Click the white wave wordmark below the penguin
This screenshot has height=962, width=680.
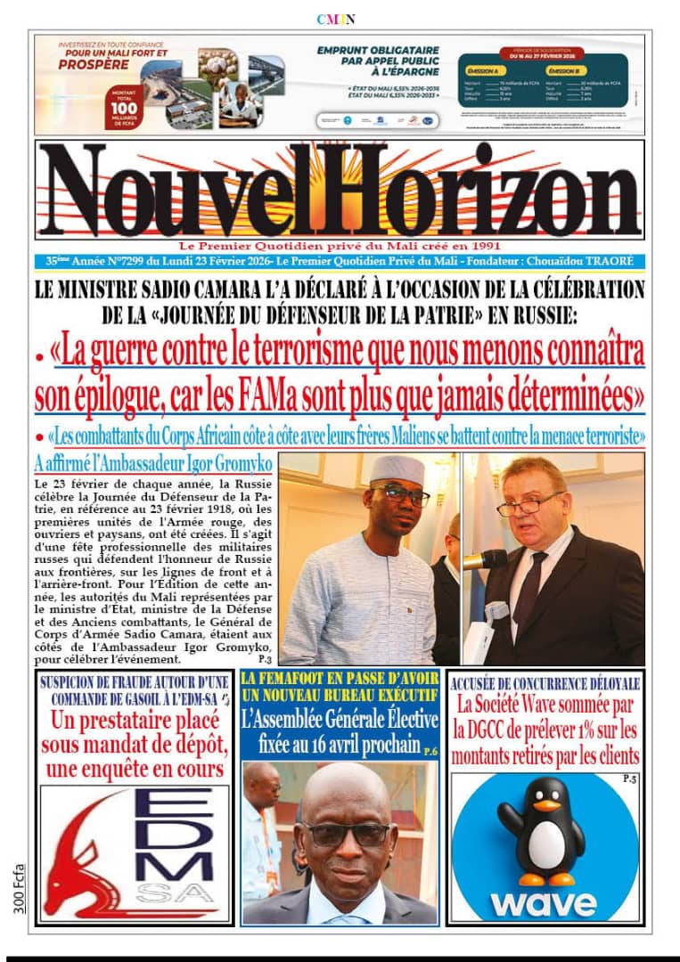click(x=544, y=901)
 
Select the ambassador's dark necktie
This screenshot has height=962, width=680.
click(x=532, y=589)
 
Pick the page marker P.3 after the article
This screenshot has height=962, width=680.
click(x=265, y=660)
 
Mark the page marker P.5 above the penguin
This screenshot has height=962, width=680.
click(x=629, y=779)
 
